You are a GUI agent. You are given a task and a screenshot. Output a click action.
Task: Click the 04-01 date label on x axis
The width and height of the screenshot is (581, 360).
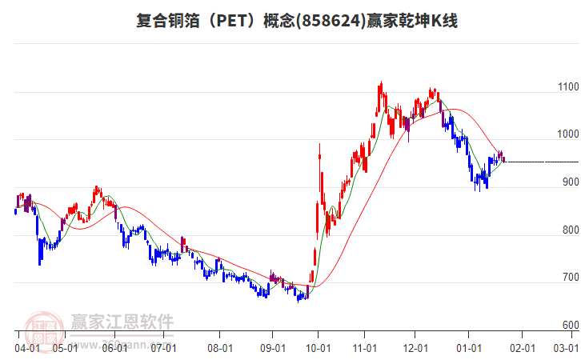27,348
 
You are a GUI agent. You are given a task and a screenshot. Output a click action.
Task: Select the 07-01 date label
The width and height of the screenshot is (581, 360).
164,348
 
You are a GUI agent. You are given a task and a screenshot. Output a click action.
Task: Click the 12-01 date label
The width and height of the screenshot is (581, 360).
415,348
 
